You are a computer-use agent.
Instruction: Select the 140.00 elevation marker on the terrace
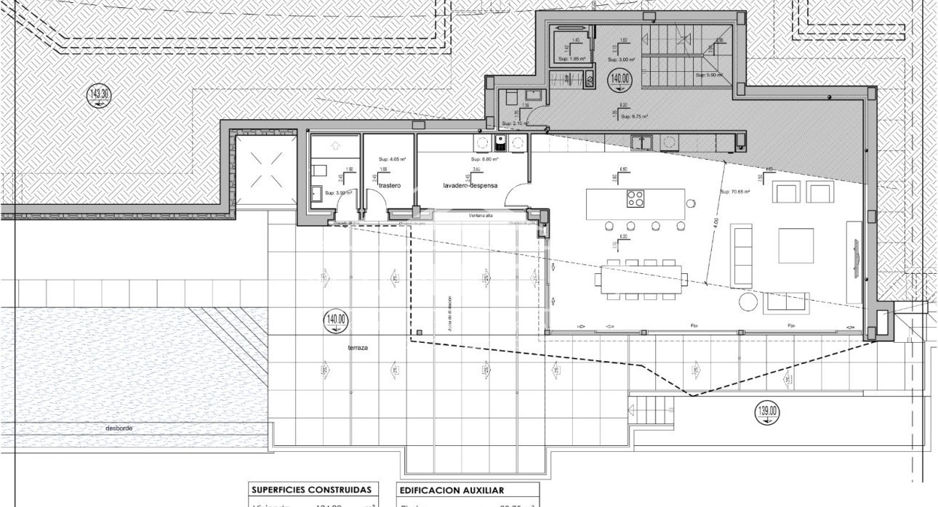(337, 320)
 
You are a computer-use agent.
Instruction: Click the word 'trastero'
(390, 186)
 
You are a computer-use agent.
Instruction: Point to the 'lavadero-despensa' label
(470, 186)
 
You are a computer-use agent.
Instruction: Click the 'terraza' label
(357, 349)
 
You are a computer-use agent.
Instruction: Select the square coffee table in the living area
(795, 246)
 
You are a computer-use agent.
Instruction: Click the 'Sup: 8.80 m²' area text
(484, 159)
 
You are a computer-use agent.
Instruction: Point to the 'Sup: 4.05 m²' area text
(392, 159)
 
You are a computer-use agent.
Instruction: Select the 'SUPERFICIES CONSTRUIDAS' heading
(313, 490)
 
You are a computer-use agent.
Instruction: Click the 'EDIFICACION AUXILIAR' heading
(451, 490)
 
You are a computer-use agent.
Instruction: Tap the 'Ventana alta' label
(481, 215)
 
